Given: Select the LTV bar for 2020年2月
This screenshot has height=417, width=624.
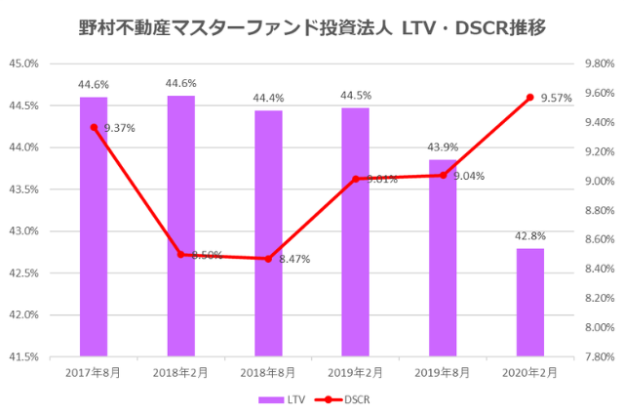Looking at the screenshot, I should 530,303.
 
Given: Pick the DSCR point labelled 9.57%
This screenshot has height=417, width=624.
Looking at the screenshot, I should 530,98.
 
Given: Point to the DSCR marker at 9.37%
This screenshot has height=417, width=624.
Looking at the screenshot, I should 94,127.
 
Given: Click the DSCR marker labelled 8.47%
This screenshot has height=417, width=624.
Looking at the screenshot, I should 268,259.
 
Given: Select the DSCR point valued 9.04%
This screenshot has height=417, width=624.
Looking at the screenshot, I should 443,176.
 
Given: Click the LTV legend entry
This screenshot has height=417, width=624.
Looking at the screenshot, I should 282,399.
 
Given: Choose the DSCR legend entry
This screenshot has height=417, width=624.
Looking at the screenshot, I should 345,399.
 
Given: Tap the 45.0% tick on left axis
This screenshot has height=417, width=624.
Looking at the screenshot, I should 51,63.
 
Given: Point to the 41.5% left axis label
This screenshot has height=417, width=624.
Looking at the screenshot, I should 51,356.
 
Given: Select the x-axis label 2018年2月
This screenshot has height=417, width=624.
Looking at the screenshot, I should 180,373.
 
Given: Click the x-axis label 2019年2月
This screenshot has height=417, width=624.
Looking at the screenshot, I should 356,373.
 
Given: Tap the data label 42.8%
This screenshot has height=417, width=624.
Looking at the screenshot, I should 530,236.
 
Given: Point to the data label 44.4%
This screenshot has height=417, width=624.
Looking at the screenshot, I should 268,99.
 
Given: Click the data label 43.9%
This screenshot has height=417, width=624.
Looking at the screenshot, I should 443,147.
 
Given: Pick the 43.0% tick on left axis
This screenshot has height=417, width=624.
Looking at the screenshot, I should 51,231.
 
